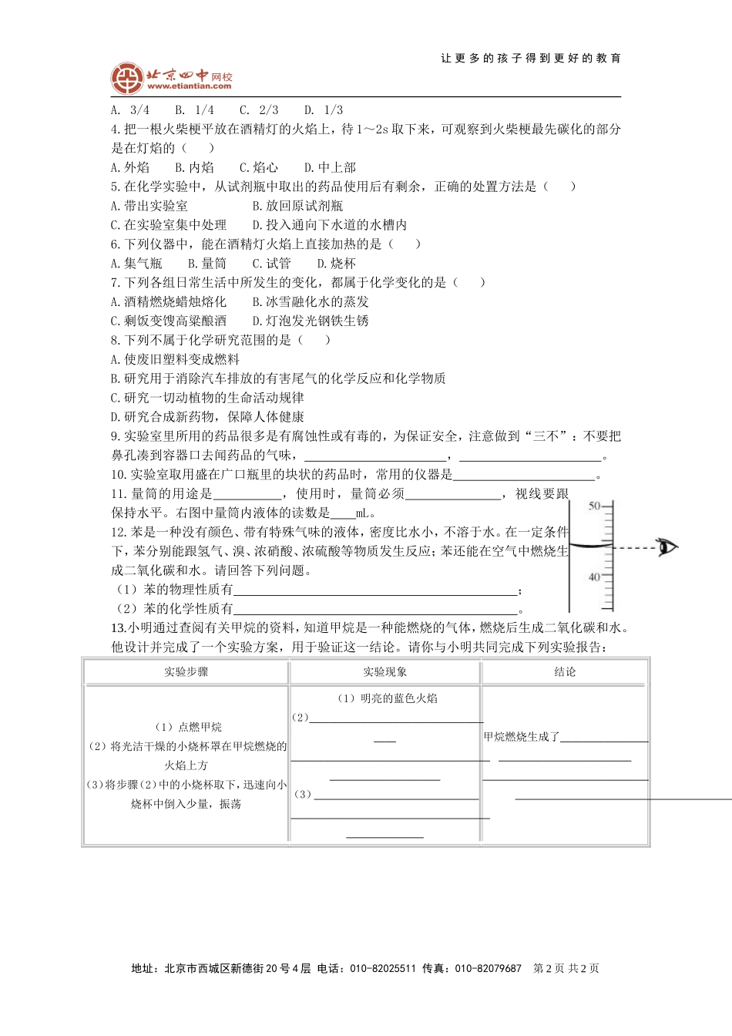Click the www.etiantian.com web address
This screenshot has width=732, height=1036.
pos(189,86)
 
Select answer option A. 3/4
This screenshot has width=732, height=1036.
pos(130,110)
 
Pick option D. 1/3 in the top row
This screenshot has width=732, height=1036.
pos(324,110)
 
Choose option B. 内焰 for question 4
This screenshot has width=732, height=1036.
pos(194,167)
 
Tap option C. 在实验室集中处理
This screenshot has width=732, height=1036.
pos(169,225)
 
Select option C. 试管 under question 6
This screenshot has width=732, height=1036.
pos(271,264)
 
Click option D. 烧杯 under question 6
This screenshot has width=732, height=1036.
pos(337,264)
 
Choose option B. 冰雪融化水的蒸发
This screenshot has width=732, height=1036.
pos(311,302)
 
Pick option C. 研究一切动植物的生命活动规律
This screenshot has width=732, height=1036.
pos(207,398)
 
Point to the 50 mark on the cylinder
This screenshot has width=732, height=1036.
pos(594,506)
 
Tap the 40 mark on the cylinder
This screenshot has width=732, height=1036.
pos(594,577)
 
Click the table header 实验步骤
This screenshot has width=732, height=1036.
pos(186,672)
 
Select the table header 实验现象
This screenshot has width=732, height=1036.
pos(385,672)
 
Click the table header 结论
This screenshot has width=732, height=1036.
pos(565,672)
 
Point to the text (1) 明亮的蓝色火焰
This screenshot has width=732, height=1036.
pos(388,698)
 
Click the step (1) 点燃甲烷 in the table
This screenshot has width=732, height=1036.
pos(188,727)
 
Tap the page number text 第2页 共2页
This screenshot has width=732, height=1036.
pos(566,969)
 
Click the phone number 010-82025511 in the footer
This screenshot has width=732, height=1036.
pos(383,969)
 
